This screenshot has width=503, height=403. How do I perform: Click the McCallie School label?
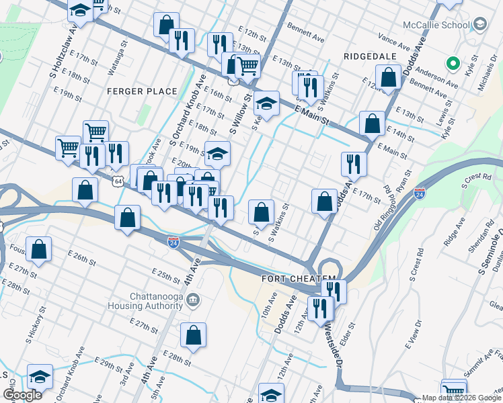point(436,26)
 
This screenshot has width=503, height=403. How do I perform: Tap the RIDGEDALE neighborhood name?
point(370,56)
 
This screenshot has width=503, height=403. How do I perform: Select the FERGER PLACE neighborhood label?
point(142,91)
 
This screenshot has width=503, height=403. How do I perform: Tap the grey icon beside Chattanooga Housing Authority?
point(193,299)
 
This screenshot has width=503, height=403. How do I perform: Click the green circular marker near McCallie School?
point(453,64)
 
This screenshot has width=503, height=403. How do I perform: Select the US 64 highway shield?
point(118,181)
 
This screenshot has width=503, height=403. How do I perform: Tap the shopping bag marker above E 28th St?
point(193,336)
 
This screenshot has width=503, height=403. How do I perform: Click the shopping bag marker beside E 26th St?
point(40,249)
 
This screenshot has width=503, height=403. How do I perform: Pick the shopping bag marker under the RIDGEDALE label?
point(388,77)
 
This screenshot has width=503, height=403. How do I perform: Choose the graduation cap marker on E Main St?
point(267,103)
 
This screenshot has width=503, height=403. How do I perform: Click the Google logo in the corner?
point(22,395)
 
